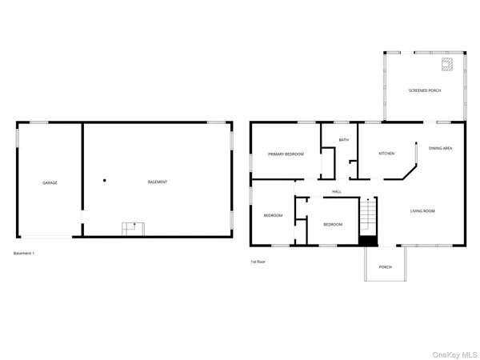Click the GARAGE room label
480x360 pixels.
pyautogui.click(x=50, y=182)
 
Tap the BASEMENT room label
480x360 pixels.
pyautogui.click(x=158, y=182)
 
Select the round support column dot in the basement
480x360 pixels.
pyautogui.click(x=104, y=180)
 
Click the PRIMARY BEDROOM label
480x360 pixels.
pyautogui.click(x=286, y=154)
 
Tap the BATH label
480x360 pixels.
pyautogui.click(x=343, y=140)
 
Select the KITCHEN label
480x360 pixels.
pyautogui.click(x=386, y=154)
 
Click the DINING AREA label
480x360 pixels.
pyautogui.click(x=441, y=148)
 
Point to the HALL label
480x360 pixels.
pyautogui.click(x=337, y=192)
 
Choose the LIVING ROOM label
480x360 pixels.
pyautogui.click(x=422, y=211)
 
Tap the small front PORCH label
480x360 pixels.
pyautogui.click(x=385, y=266)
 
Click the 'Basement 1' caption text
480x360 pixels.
pyautogui.click(x=24, y=254)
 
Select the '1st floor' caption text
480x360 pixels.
pyautogui.click(x=258, y=262)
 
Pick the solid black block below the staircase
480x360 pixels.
pyautogui.click(x=367, y=241)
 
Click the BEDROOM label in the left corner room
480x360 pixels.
pyautogui.click(x=274, y=215)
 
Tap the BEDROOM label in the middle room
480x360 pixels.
pyautogui.click(x=333, y=225)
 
